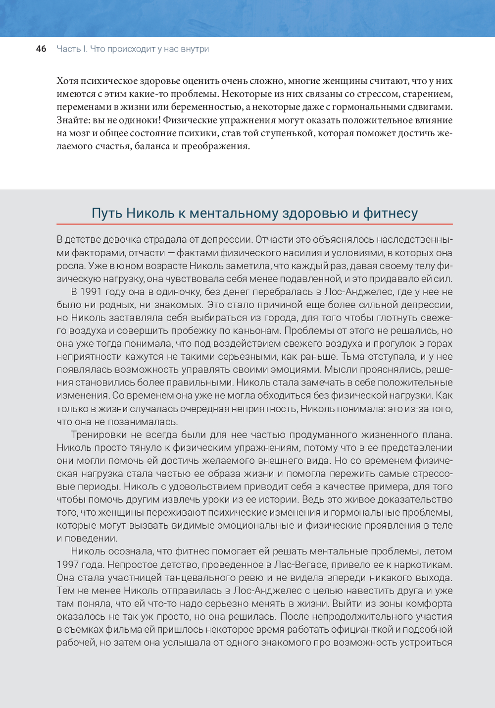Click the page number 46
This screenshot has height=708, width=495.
(41, 49)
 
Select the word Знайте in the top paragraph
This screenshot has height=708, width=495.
(73, 120)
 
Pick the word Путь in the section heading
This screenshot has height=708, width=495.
(106, 213)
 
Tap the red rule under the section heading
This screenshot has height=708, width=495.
(254, 224)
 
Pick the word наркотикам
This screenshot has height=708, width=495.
(424, 564)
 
